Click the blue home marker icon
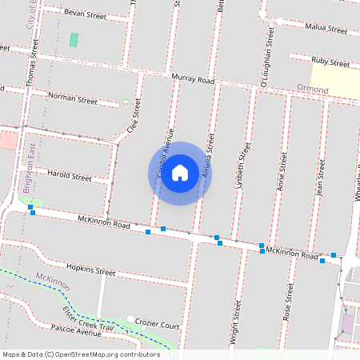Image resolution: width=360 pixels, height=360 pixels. [180, 173]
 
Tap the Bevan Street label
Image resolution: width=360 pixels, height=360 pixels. [85, 15]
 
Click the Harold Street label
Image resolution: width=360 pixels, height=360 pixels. [70, 175]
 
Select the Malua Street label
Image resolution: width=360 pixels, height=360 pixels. [326, 29]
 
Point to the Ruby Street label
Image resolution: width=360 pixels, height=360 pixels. [330, 62]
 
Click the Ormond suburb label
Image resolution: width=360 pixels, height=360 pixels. [312, 89]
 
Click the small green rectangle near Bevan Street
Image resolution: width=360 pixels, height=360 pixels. [74, 39]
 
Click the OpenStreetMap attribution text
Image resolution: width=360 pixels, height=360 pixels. [82, 354]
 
